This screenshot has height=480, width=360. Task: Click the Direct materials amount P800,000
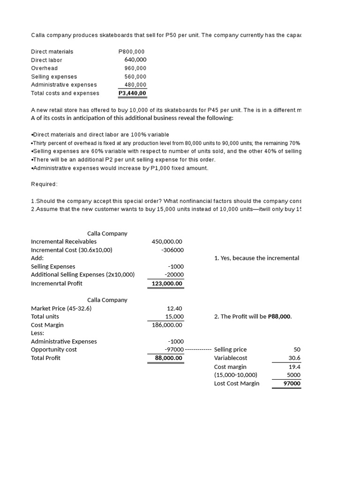[132, 52]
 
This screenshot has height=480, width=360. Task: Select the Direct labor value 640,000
[135, 60]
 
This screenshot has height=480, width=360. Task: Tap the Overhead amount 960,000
[135, 68]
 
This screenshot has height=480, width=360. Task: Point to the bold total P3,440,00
[132, 93]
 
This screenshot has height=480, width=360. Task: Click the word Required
[44, 184]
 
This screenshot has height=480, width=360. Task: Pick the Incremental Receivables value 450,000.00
[167, 241]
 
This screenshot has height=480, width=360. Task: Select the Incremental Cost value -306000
[172, 250]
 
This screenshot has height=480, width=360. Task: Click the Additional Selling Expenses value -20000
[174, 275]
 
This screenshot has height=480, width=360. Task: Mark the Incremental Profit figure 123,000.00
[167, 283]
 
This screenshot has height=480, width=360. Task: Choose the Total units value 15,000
[173, 316]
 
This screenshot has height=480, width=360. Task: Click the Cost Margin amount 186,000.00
[167, 325]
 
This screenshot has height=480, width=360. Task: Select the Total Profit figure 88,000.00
[168, 358]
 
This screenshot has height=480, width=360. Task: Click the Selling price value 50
[297, 350]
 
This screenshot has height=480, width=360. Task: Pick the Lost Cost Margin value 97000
[292, 383]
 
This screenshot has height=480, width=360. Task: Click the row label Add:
[37, 258]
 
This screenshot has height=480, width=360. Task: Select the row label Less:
[37, 333]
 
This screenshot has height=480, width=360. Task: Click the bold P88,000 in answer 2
[279, 316]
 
